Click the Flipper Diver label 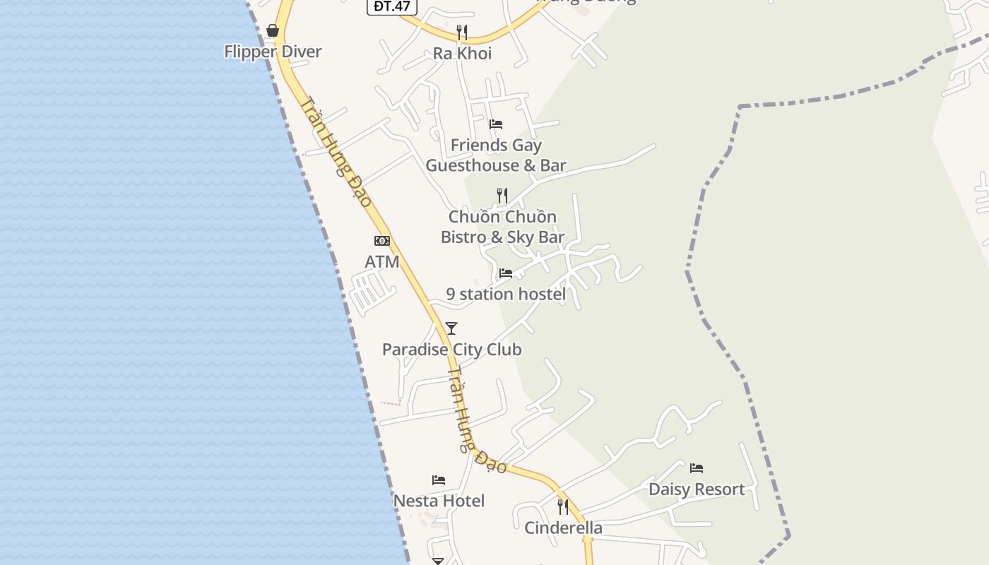click(273, 52)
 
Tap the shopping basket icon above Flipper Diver click(273, 30)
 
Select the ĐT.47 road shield click(392, 6)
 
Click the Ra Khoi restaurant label click(463, 54)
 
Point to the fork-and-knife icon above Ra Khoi click(462, 32)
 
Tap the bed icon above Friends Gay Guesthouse click(496, 124)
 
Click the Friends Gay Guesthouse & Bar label click(496, 155)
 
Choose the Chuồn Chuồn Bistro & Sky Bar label click(502, 227)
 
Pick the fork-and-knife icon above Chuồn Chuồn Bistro click(502, 195)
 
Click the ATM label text click(382, 262)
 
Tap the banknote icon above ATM click(382, 241)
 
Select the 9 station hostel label click(506, 295)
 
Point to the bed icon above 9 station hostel click(506, 273)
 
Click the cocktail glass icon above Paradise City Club click(451, 328)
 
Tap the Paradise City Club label click(452, 350)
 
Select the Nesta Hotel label click(439, 501)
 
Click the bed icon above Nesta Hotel click(439, 480)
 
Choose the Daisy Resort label click(697, 489)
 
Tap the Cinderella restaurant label click(563, 528)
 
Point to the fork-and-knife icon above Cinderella click(563, 506)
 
